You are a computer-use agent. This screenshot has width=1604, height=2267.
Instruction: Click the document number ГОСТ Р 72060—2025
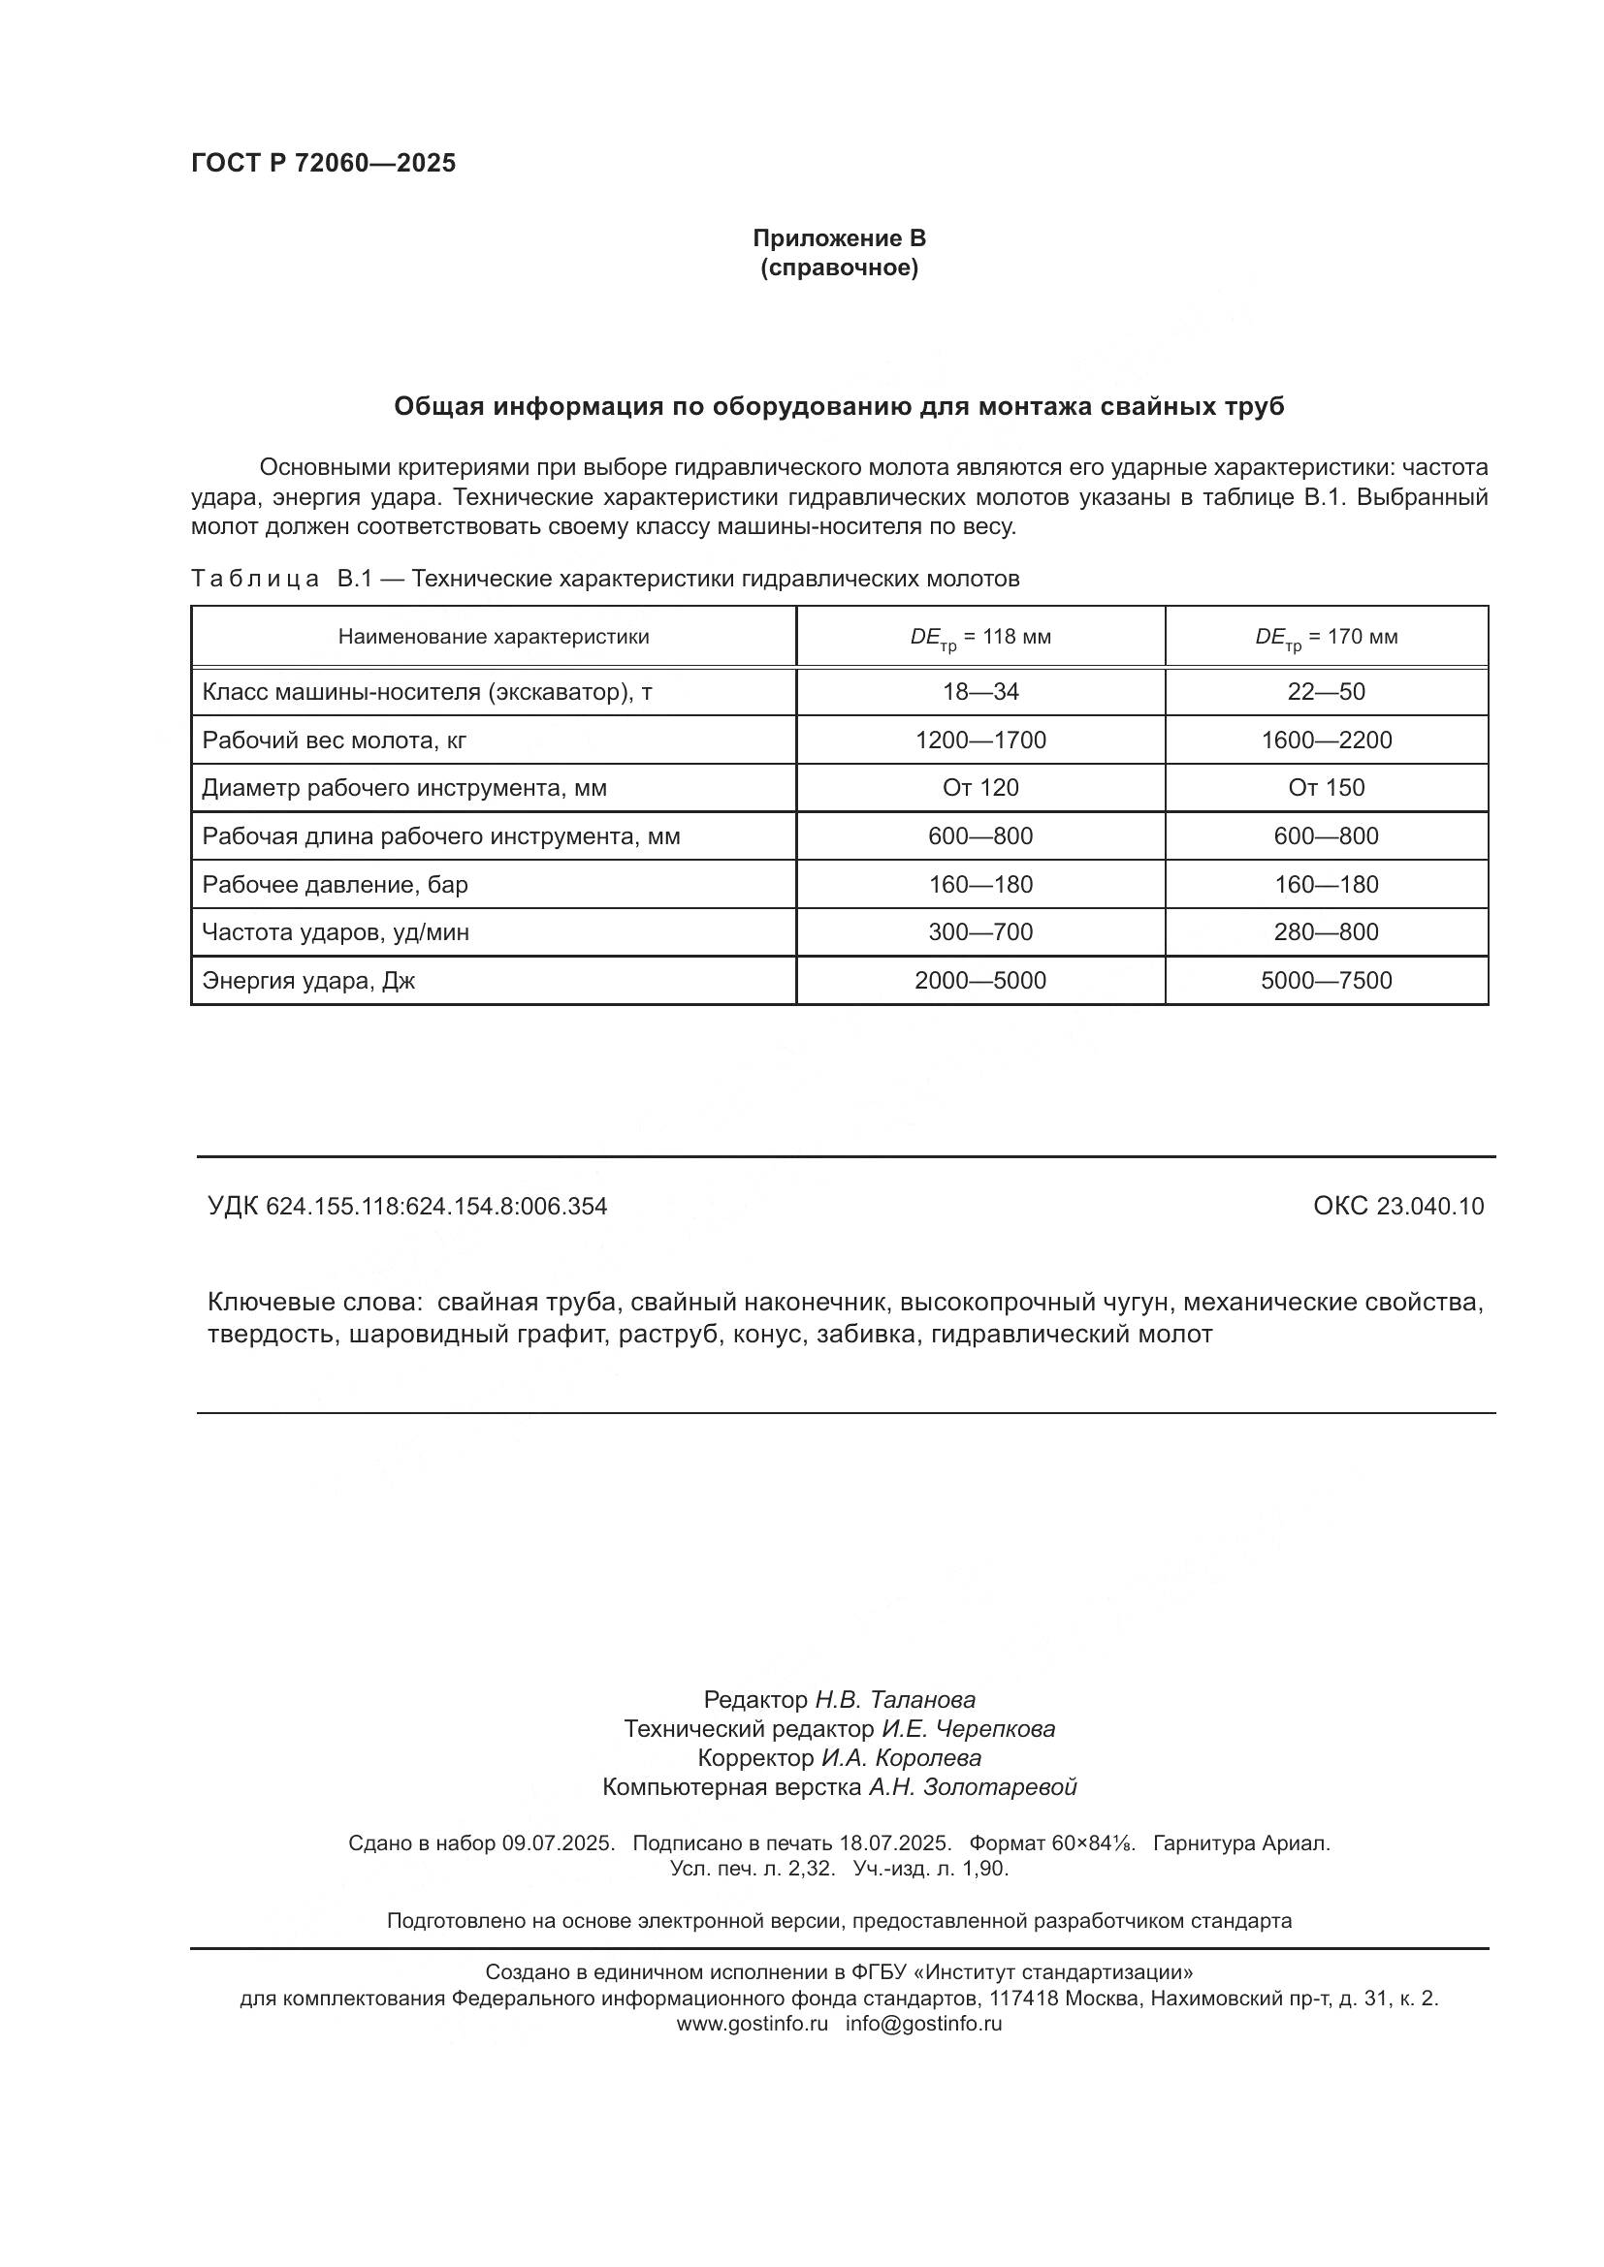pos(323,164)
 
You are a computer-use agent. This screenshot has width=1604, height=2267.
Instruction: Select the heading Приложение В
pos(839,238)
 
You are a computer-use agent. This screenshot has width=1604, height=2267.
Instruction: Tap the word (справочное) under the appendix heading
pos(839,268)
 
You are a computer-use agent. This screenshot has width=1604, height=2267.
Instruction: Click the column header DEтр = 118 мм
pos(979,638)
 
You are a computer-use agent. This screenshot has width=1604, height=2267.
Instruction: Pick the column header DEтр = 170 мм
pos(1326,638)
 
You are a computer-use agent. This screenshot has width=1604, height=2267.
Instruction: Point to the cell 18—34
pos(979,692)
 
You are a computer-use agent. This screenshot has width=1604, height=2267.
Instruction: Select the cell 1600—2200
pos(1326,740)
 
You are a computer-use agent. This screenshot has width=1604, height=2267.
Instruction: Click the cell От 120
pos(979,788)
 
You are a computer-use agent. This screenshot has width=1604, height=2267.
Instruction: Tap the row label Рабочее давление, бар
pos(335,885)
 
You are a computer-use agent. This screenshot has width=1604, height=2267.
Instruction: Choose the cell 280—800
pos(1326,932)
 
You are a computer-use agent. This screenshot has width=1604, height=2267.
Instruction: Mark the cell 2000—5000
pos(979,981)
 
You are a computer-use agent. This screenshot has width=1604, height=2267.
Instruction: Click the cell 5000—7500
pos(1326,981)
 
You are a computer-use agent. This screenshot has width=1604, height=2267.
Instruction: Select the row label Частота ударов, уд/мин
pos(335,932)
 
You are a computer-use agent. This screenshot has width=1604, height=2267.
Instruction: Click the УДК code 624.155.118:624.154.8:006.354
pos(435,1207)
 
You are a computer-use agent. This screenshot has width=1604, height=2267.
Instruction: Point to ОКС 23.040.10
pos(1397,1207)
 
